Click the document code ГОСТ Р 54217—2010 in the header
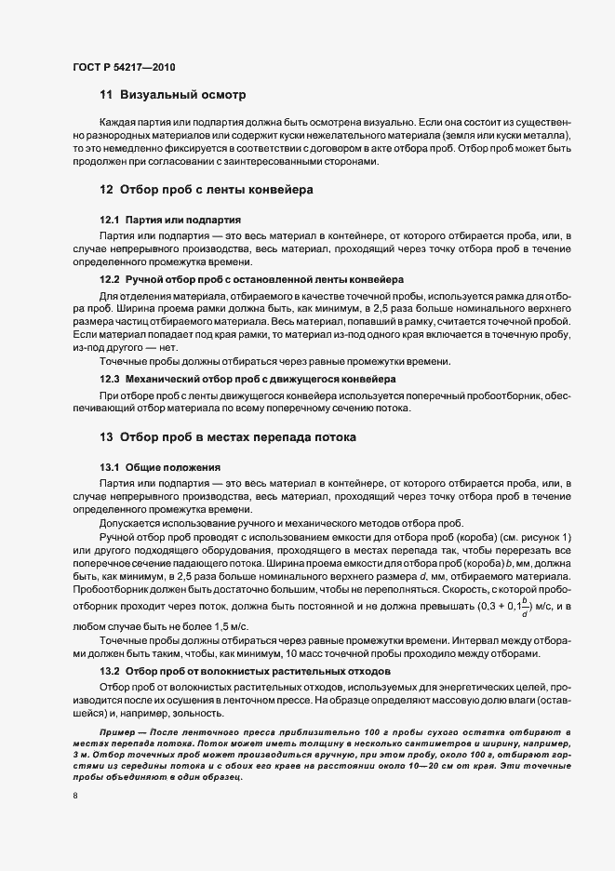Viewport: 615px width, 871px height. (123, 67)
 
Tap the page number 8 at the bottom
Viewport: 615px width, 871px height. (74, 797)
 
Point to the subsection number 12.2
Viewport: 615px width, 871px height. (111, 279)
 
